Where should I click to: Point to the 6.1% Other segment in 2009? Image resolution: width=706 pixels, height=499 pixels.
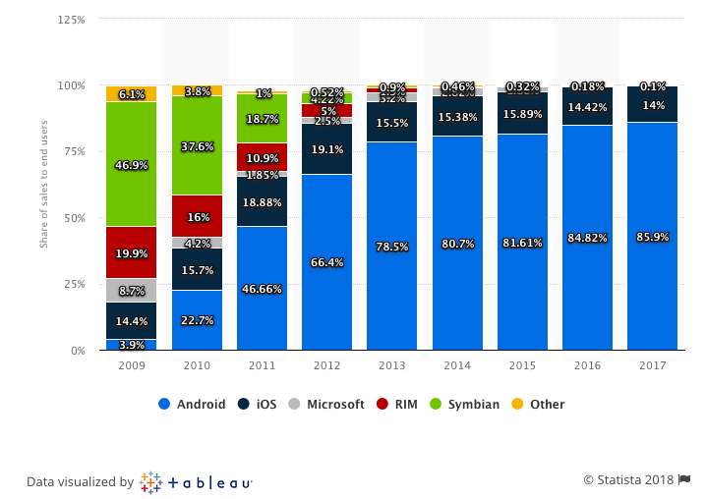point(131,94)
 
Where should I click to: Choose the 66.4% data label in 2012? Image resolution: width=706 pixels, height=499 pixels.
point(326,262)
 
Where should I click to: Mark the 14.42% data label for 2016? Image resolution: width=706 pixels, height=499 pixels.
point(587,105)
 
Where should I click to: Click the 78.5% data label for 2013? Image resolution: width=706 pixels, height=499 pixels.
point(391,247)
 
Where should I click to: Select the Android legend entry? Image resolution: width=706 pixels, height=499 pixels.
point(192,404)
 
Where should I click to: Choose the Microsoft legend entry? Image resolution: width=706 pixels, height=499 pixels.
point(327,404)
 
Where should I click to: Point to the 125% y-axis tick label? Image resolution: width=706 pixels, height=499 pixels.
point(72,20)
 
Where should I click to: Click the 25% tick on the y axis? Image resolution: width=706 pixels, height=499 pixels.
point(74,284)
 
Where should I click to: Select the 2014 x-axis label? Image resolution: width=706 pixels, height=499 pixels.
point(457,366)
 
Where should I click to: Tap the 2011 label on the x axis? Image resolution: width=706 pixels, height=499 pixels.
point(262,366)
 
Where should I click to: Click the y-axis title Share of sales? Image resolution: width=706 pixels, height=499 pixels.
point(44,187)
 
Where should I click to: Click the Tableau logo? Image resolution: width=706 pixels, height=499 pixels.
point(197,482)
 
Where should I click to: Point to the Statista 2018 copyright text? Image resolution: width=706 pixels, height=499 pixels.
point(629,479)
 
